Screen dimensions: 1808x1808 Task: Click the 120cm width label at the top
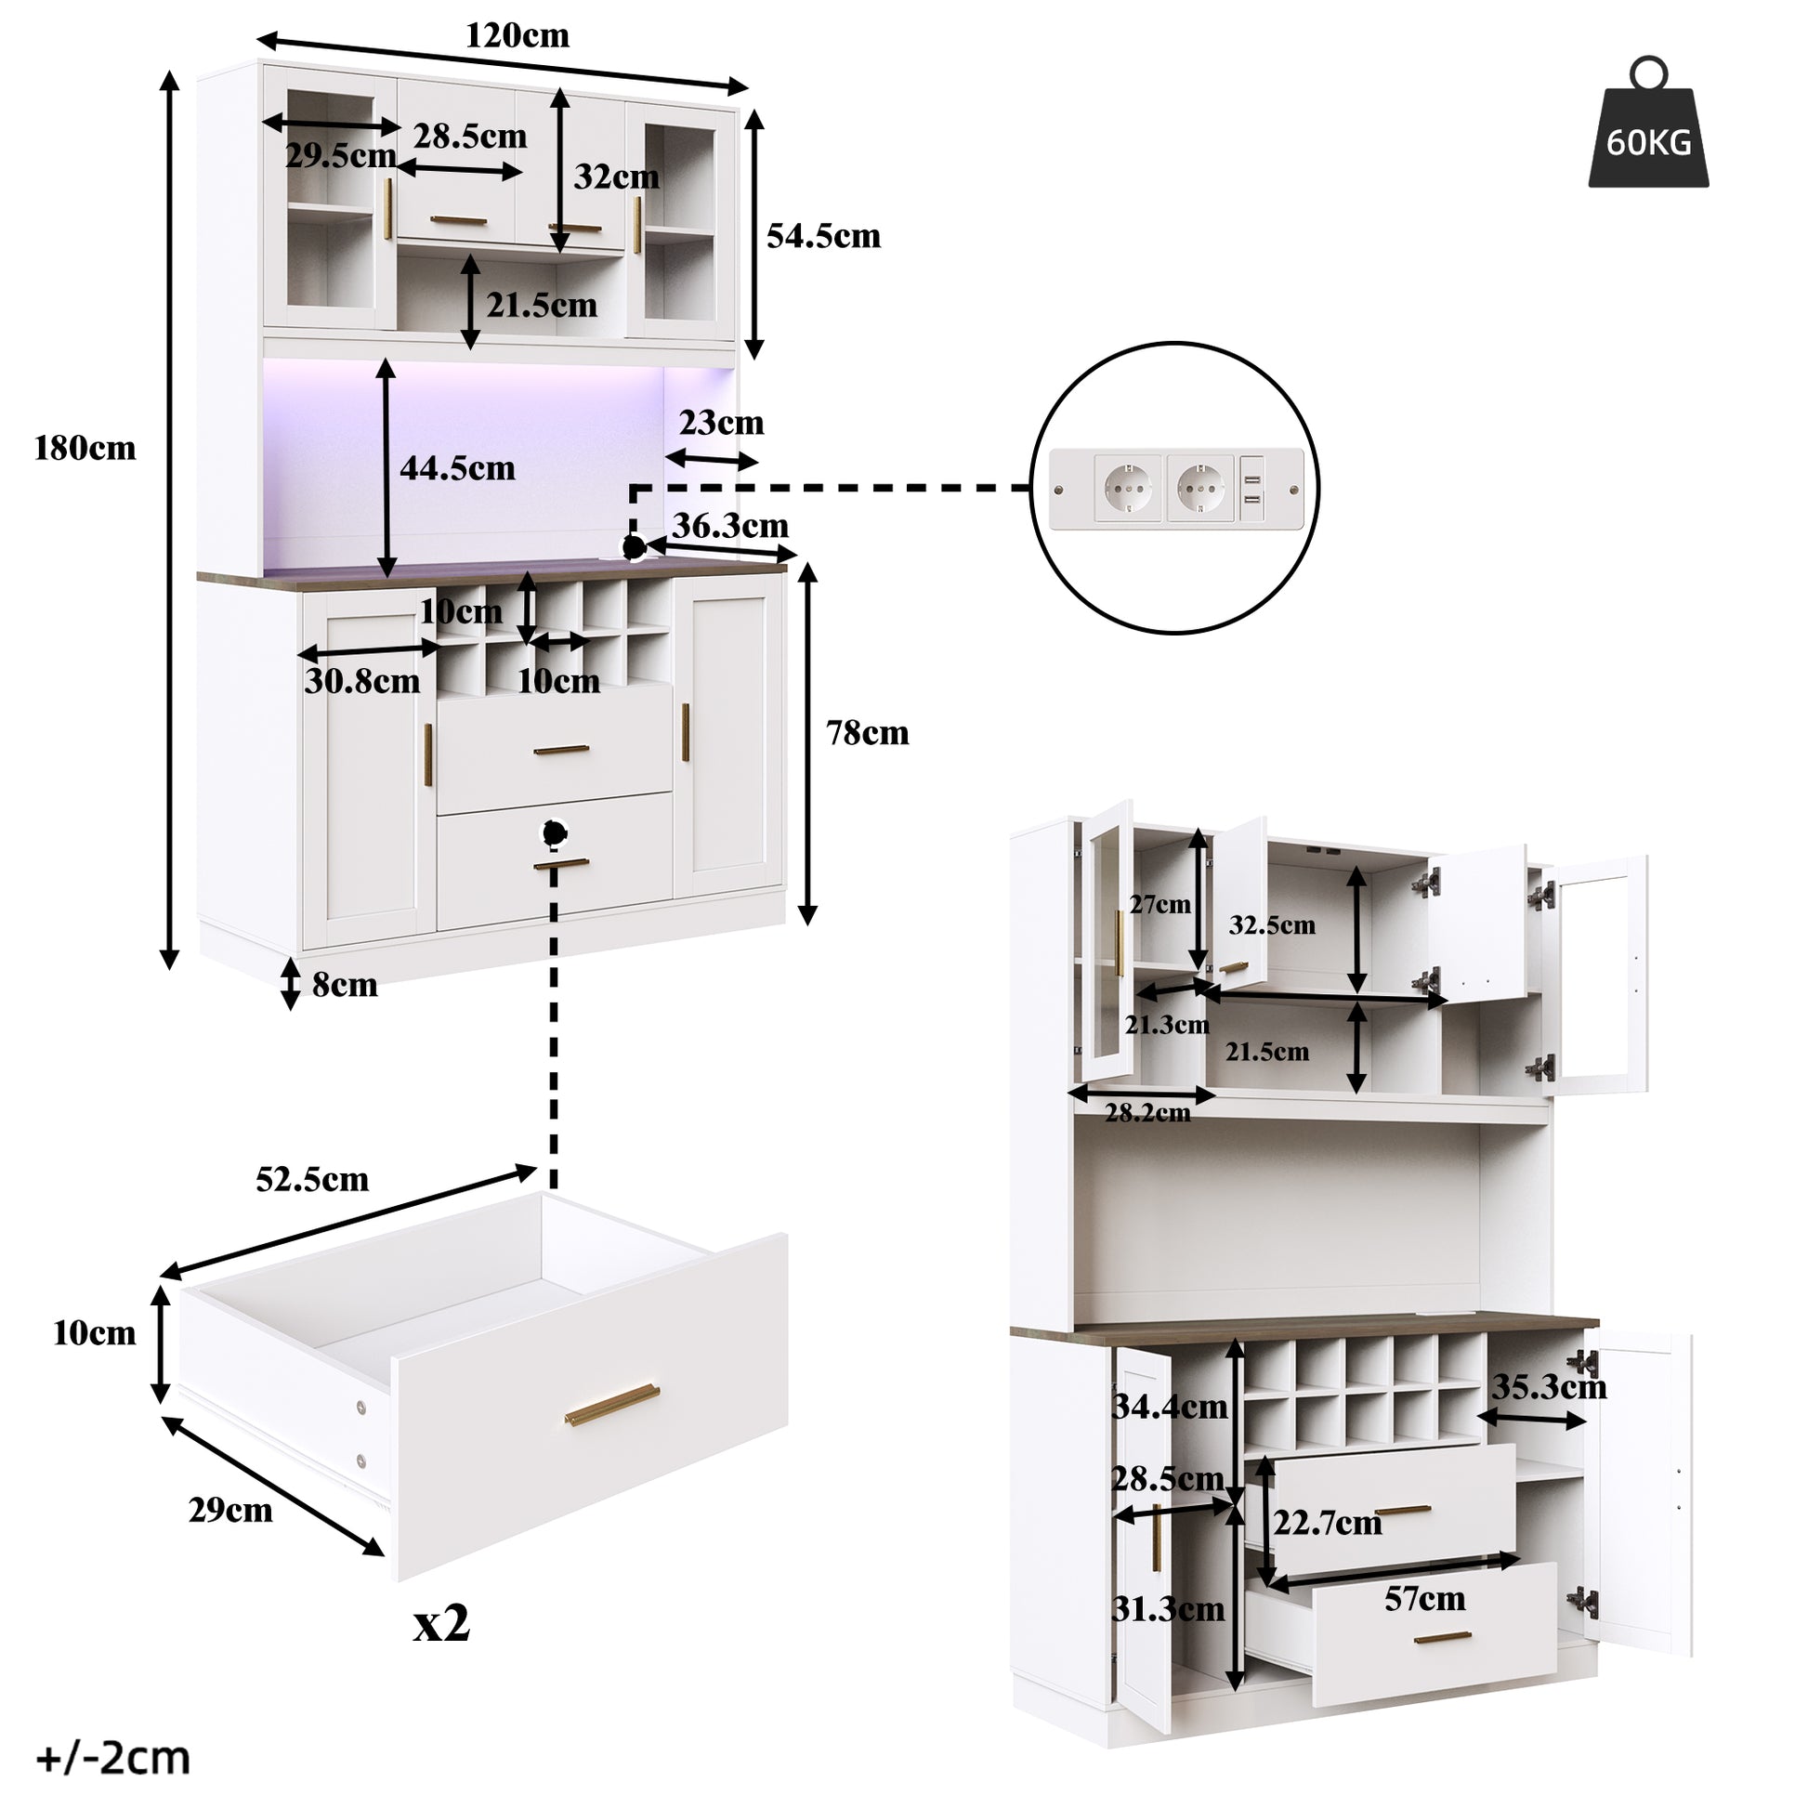point(518,35)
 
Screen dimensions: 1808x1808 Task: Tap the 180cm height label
point(85,448)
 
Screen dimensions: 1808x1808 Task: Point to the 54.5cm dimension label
point(823,236)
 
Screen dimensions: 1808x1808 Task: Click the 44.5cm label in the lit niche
point(458,468)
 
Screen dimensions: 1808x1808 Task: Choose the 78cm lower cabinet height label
point(868,733)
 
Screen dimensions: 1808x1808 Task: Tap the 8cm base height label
point(345,985)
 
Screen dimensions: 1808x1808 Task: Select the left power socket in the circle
point(1128,489)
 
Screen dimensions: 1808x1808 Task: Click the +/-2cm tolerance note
point(113,1759)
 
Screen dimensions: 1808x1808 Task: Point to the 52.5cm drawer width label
point(312,1179)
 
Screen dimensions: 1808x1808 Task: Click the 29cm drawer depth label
point(230,1511)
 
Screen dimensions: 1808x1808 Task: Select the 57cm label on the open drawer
point(1424,1598)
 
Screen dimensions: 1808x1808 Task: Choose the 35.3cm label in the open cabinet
point(1549,1387)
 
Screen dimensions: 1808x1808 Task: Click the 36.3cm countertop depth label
point(731,526)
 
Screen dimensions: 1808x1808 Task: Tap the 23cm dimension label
point(722,423)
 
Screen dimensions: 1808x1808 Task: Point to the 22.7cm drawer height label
point(1327,1523)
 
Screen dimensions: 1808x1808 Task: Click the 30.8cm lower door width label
point(362,681)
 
